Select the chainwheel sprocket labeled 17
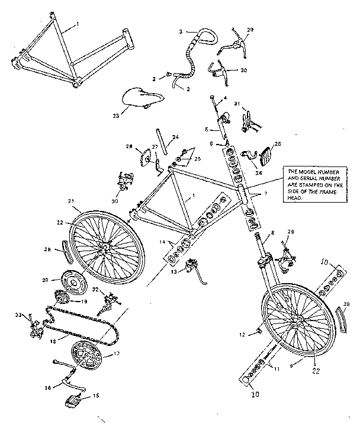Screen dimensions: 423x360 [87, 357]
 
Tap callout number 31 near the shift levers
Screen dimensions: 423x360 [237, 104]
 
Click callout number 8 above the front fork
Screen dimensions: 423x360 [273, 233]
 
